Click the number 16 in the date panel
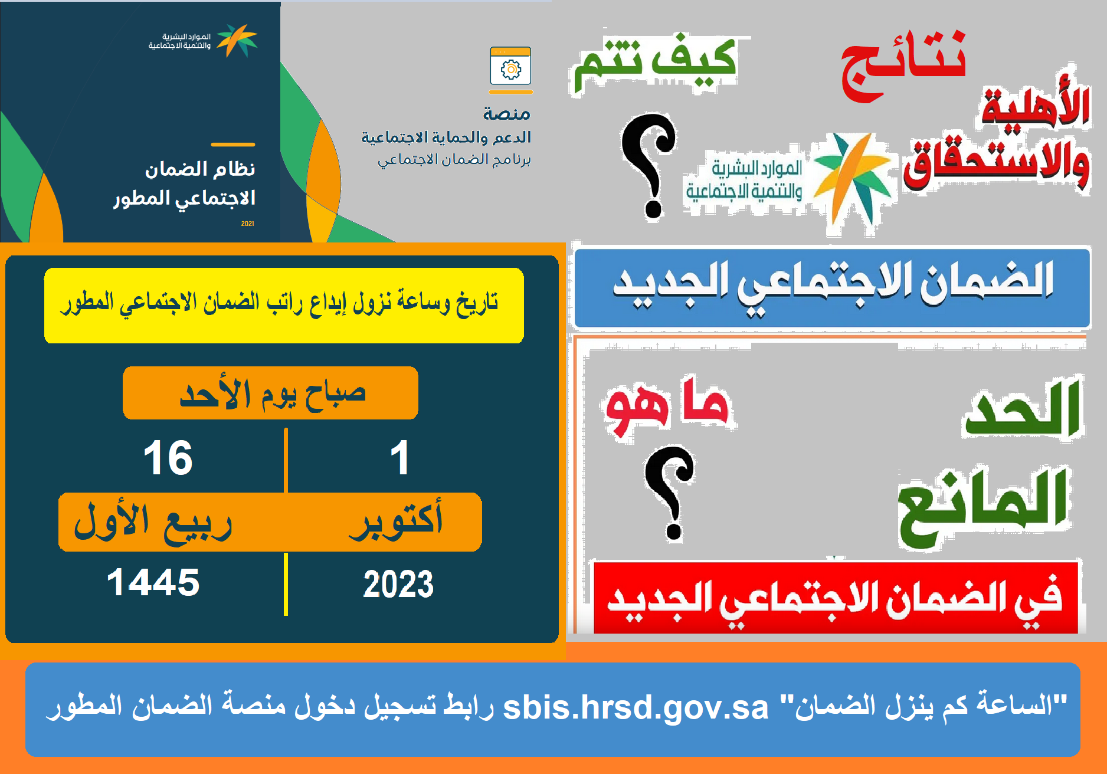[x=168, y=458]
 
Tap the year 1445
[x=153, y=582]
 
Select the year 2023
[x=398, y=585]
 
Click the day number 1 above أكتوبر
[x=399, y=458]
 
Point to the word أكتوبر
[x=396, y=520]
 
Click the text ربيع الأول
[x=153, y=522]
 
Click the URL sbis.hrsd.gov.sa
[x=636, y=707]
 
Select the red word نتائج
[x=903, y=66]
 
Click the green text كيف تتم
[x=655, y=63]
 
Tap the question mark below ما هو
[x=670, y=493]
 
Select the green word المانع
[x=983, y=508]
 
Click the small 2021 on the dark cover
[x=248, y=224]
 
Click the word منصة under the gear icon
[x=507, y=113]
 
